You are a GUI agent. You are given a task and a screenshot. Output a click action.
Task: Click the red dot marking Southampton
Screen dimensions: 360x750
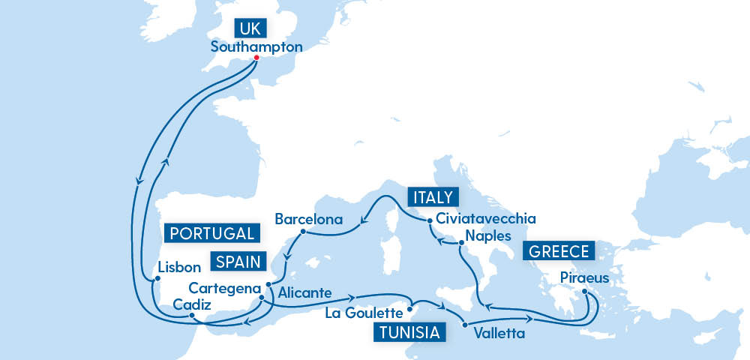[256, 58]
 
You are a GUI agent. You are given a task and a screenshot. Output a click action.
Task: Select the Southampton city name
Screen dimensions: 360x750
[257, 46]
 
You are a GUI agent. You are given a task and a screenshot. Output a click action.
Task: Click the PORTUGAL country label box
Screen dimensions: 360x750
[212, 233]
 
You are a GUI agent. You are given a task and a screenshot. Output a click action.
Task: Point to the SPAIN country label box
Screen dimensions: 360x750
[238, 262]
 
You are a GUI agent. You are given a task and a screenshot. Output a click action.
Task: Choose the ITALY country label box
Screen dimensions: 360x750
[432, 197]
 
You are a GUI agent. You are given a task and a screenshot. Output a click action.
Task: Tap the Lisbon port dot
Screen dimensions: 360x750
[157, 280]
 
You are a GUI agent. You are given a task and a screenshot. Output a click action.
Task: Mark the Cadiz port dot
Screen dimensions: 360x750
[192, 316]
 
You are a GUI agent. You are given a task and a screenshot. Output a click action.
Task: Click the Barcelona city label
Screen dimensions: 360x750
[308, 220]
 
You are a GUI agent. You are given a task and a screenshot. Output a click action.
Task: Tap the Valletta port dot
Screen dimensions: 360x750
[465, 325]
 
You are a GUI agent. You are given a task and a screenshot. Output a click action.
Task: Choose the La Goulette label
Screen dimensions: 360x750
[364, 312]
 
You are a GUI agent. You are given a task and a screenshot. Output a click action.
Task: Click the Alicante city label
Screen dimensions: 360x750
[304, 292]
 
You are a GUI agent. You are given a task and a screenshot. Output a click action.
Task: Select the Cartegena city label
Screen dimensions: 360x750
[224, 288]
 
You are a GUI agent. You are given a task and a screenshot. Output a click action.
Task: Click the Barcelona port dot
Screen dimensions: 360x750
[302, 232]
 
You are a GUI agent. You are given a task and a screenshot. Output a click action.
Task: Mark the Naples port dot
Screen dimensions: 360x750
[461, 242]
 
